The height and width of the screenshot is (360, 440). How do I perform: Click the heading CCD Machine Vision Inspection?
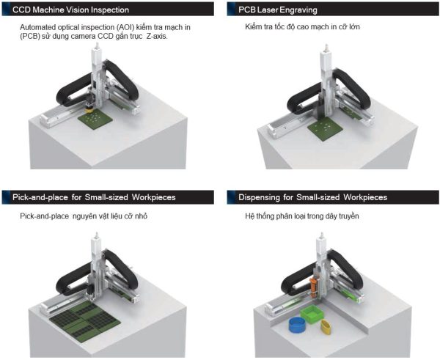click(71, 10)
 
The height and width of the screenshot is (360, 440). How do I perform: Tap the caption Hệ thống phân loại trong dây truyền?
click(301, 218)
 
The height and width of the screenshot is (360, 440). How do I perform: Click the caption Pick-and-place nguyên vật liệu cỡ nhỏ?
click(87, 218)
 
